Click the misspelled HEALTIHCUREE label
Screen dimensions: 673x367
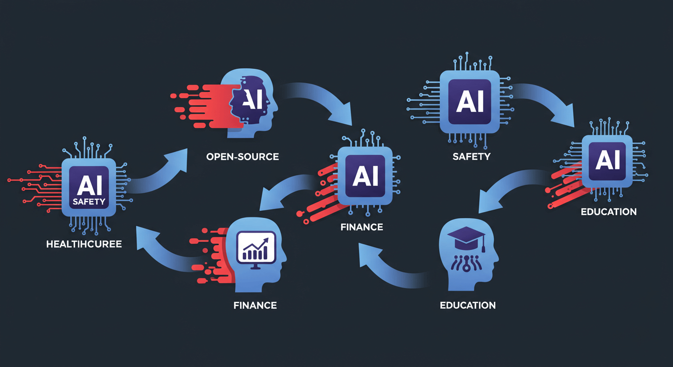pos(84,244)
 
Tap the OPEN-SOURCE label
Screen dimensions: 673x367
pos(242,157)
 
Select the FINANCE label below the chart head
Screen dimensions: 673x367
pos(255,305)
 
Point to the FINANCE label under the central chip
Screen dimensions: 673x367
pos(362,227)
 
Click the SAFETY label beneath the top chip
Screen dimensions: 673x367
pos(471,157)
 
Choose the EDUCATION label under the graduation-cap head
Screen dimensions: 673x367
pos(467,305)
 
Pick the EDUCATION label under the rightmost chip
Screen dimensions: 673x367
pos(608,212)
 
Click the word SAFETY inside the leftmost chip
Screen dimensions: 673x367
pos(89,202)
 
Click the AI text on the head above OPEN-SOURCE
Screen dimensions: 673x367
pos(252,99)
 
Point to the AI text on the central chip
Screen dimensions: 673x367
pos(365,176)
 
